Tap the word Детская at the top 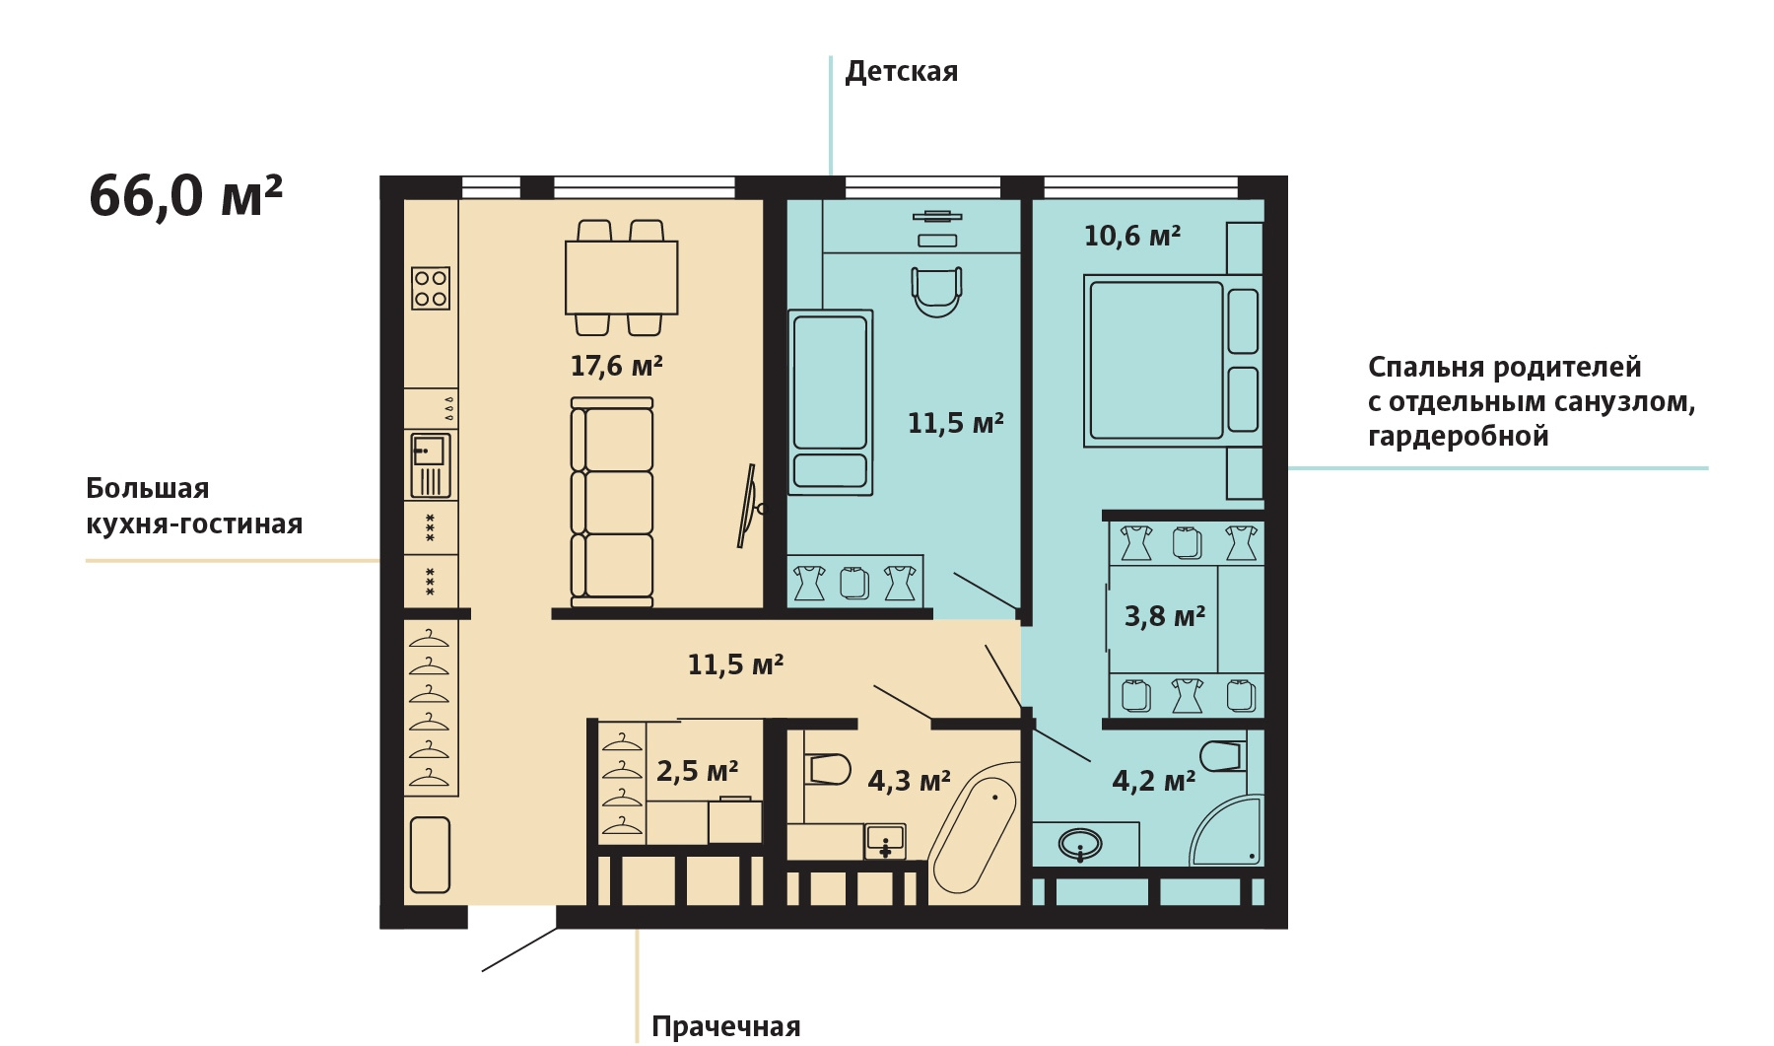coord(902,72)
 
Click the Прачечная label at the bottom coord(726,1026)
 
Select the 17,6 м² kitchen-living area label coord(617,366)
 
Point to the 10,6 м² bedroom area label coord(1132,236)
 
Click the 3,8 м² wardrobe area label coord(1165,616)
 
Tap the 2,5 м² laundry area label coord(698,770)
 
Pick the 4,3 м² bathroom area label coord(909,781)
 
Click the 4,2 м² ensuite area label coord(1154,781)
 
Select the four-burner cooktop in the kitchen coord(431,288)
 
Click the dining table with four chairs coord(621,278)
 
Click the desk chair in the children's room coord(936,292)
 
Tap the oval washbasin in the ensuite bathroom coord(1081,845)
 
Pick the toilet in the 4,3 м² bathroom coord(828,769)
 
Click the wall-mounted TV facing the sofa coord(749,506)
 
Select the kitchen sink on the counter coord(431,464)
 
